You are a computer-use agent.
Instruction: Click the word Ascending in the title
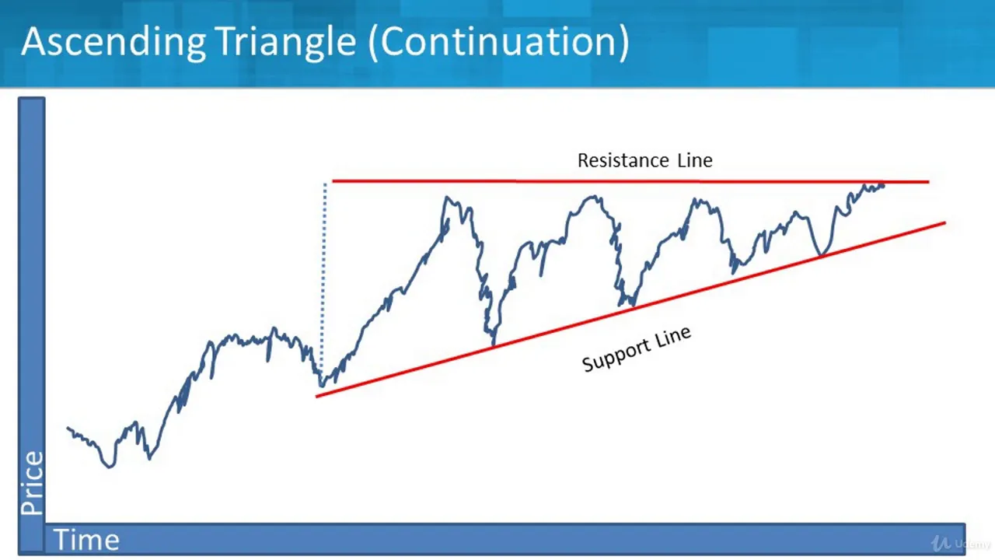click(113, 42)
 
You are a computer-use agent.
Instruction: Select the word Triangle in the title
click(287, 42)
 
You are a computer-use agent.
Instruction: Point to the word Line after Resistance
click(695, 160)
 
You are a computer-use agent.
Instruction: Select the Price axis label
click(32, 483)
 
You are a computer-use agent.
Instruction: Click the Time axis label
click(86, 540)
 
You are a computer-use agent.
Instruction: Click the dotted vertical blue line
click(324, 275)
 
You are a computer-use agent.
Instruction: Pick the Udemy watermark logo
click(960, 543)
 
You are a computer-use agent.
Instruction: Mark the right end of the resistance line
click(929, 182)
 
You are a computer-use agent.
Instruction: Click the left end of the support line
click(316, 397)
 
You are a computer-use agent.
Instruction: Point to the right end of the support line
click(945, 222)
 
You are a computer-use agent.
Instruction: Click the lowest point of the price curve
click(110, 467)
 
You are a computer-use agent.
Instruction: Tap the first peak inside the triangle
click(447, 197)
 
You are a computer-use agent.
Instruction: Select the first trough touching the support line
click(493, 344)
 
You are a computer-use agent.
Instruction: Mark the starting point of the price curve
click(68, 428)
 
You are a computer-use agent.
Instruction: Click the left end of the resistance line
click(333, 181)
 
